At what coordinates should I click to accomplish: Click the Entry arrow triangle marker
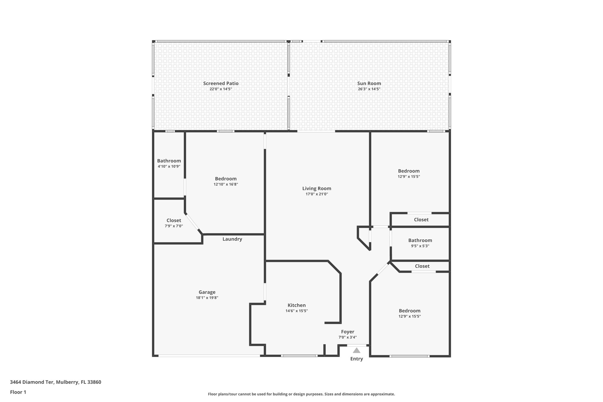[x=357, y=350]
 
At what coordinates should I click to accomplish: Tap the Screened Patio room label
[x=221, y=83]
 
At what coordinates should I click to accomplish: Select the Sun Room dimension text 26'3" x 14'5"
[x=369, y=89]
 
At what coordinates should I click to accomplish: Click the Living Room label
[x=317, y=188]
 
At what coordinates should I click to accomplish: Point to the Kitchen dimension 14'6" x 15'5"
[x=296, y=311]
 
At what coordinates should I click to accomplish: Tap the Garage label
[x=207, y=292]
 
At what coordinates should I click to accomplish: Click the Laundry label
[x=232, y=239]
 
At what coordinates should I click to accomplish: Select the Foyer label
[x=347, y=332]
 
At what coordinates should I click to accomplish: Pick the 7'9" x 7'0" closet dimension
[x=174, y=226]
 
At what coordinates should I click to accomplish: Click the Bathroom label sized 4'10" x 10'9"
[x=169, y=161]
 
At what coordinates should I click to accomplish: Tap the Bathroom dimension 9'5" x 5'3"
[x=420, y=246]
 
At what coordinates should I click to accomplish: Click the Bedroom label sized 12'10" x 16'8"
[x=226, y=179]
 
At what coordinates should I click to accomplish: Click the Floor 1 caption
[x=18, y=392]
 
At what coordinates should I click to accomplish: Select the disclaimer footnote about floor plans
[x=301, y=394]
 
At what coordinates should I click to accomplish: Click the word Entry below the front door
[x=357, y=359]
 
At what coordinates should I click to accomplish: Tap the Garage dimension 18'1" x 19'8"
[x=207, y=298]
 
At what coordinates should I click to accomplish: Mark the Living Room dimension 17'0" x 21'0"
[x=317, y=194]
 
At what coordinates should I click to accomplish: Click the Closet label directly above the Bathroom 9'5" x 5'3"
[x=421, y=219]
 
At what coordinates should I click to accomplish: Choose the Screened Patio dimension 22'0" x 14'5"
[x=221, y=89]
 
